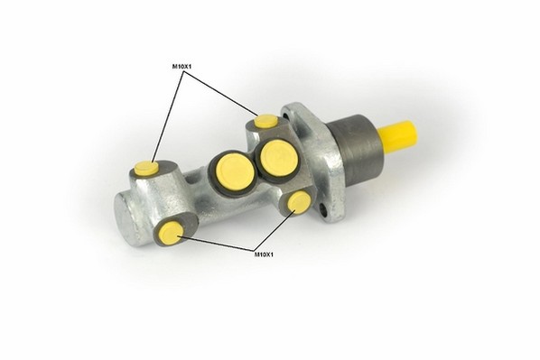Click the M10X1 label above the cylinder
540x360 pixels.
182,66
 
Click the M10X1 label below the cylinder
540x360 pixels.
264,254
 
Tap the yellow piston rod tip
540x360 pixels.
398,137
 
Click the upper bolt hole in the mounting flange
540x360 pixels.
284,113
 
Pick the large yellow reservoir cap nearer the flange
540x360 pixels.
279,158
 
